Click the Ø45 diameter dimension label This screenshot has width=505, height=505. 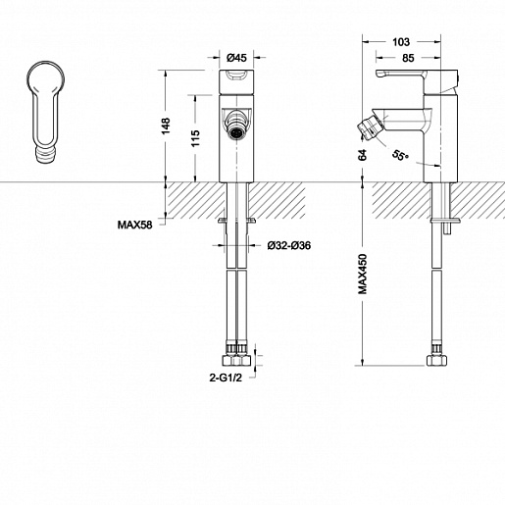pyautogui.click(x=236, y=58)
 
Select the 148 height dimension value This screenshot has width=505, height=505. pyautogui.click(x=166, y=126)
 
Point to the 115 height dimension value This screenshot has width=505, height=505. pyautogui.click(x=195, y=138)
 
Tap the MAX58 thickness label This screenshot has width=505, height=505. pyautogui.click(x=135, y=225)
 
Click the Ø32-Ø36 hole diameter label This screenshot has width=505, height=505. pyautogui.click(x=289, y=245)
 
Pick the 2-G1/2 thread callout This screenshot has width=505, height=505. pyautogui.click(x=226, y=378)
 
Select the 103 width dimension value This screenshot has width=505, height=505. pyautogui.click(x=401, y=42)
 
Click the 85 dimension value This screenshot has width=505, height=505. pyautogui.click(x=408, y=58)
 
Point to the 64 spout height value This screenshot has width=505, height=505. pyautogui.click(x=363, y=155)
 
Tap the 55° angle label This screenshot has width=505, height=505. pyautogui.click(x=400, y=155)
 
